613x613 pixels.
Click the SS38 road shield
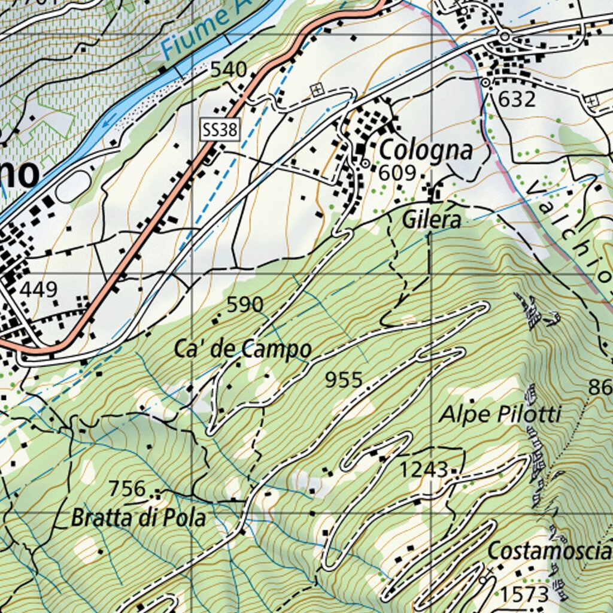point(220,130)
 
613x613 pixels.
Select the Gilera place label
point(432,220)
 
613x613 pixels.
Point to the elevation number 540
point(228,70)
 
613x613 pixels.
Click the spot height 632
point(517,99)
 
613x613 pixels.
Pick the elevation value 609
point(397,173)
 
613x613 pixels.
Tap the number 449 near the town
point(39,290)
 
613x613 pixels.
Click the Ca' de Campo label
point(243,349)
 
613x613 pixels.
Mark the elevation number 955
point(344,380)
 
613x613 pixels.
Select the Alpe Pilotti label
point(500,414)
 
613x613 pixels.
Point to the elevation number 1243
point(424,470)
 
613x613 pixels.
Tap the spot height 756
point(128,488)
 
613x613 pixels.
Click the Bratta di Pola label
point(138,518)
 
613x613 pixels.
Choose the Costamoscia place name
point(549,551)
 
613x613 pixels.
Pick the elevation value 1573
point(524,594)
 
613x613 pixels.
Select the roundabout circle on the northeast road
point(505,37)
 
